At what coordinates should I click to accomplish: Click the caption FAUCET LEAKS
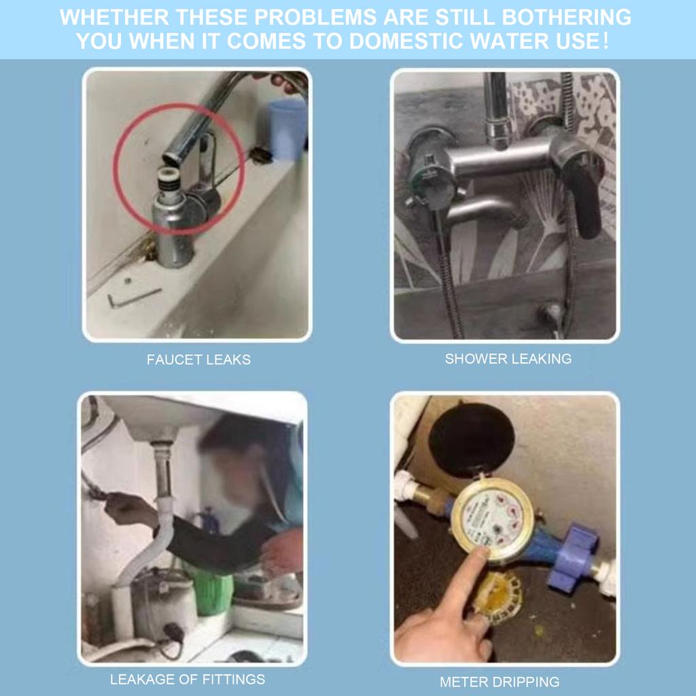(198, 359)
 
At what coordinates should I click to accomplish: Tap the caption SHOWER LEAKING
(508, 358)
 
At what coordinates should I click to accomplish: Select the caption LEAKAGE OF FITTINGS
(188, 679)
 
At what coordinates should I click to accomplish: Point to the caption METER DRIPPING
(500, 681)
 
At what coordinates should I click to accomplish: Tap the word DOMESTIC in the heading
(407, 41)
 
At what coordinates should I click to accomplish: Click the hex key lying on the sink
(134, 298)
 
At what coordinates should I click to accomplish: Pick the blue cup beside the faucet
(287, 129)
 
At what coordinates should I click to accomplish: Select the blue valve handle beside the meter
(572, 557)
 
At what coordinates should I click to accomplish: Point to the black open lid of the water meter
(472, 440)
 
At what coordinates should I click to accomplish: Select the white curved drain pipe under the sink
(151, 546)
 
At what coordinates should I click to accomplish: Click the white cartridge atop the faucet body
(169, 178)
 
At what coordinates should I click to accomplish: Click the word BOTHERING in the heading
(566, 17)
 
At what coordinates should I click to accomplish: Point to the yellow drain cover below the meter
(497, 597)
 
